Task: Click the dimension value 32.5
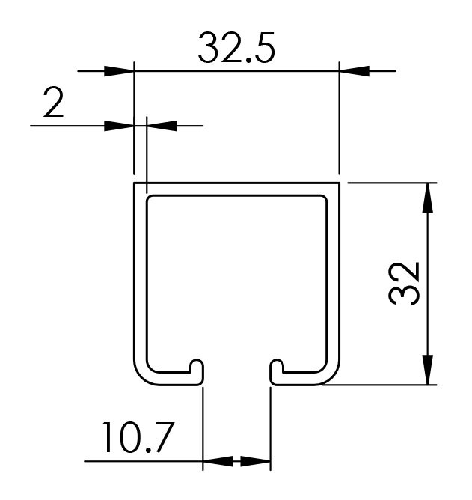[x=236, y=49]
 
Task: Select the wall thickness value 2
[x=53, y=105]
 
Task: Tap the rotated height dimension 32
[x=405, y=284]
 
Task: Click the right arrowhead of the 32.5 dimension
[x=355, y=71]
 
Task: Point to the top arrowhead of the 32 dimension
[x=427, y=198]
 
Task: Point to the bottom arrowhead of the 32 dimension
[x=427, y=370]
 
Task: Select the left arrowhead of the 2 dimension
[x=119, y=125]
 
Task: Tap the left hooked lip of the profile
[x=196, y=368]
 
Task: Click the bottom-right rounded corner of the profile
[x=330, y=376]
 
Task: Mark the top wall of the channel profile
[x=236, y=189]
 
